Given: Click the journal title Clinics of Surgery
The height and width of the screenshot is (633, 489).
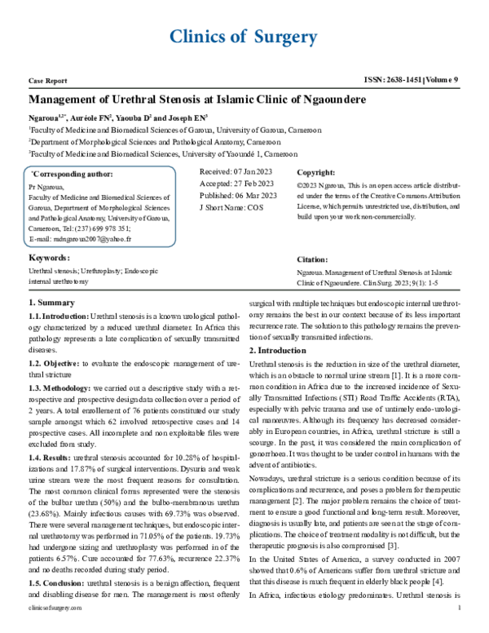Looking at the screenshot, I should coord(243,37).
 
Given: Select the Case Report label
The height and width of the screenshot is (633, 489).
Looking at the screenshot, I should coord(47,82).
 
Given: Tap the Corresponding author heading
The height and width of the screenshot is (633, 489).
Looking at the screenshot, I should coord(73,174).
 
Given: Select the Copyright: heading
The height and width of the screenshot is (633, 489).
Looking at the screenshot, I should coord(315,173).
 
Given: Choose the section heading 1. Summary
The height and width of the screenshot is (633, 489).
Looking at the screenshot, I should coord(51,303).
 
